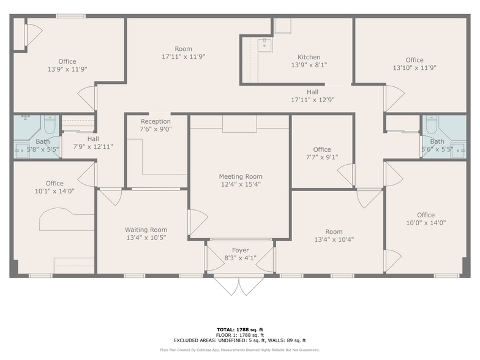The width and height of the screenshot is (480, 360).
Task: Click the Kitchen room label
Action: tap(309, 58)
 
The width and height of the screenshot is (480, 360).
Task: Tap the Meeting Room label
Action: tap(241, 176)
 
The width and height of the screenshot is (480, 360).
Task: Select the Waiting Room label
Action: tap(146, 230)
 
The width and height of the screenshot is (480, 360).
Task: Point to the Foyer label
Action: tap(240, 250)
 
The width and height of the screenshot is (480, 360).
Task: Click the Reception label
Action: tap(156, 121)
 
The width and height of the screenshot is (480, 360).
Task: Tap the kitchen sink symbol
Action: tap(264, 45)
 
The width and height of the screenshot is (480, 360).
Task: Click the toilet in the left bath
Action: tap(50, 124)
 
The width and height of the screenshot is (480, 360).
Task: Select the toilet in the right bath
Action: tap(432, 124)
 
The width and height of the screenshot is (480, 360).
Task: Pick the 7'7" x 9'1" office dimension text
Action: tap(322, 157)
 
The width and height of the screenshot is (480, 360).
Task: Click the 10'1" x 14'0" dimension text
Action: tap(55, 191)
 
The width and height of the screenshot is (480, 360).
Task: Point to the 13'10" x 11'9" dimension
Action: tap(414, 68)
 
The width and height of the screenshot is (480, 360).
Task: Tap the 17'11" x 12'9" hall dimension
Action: tap(312, 100)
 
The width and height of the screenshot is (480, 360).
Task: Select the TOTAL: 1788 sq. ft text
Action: tap(240, 329)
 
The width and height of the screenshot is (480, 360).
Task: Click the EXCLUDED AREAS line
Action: tap(240, 340)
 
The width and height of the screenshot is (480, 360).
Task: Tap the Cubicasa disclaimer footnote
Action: tap(240, 350)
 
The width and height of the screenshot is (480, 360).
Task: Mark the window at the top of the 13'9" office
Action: tap(71, 16)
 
